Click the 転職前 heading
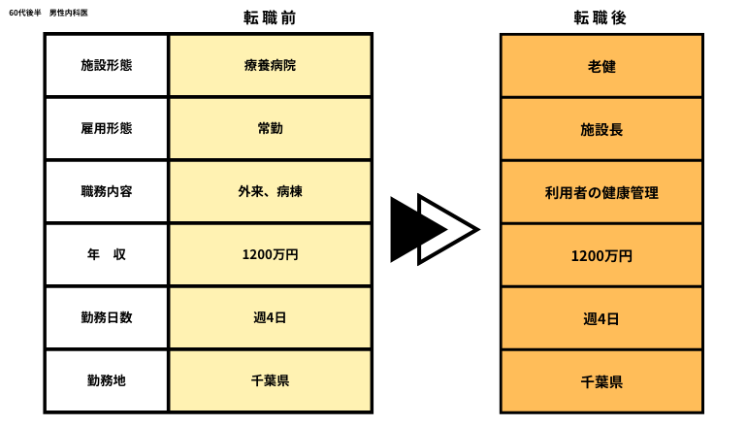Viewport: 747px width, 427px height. coord(270,18)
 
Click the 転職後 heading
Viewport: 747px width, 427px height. coord(600,18)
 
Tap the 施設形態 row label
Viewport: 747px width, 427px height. coord(107,65)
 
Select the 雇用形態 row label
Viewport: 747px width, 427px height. coord(107,129)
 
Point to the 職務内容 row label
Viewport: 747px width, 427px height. coord(107,191)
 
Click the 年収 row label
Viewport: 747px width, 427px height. coord(107,255)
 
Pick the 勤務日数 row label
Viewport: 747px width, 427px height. coord(107,318)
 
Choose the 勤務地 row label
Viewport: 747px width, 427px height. coord(107,380)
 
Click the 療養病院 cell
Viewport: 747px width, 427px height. coord(270,65)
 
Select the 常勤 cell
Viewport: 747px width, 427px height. coord(270,129)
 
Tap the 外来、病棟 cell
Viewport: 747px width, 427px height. coord(270,191)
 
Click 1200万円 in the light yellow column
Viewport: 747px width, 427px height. coord(270,255)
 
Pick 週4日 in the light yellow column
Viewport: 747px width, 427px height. coord(270,318)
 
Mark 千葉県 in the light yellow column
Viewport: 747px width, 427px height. coord(270,380)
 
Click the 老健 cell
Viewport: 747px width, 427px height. coord(601,67)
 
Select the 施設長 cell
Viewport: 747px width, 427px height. coord(601,130)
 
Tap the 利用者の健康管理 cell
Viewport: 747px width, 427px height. coord(601,193)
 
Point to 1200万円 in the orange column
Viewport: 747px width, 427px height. coord(601,256)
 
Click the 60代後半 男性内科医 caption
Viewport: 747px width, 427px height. coord(49,13)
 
